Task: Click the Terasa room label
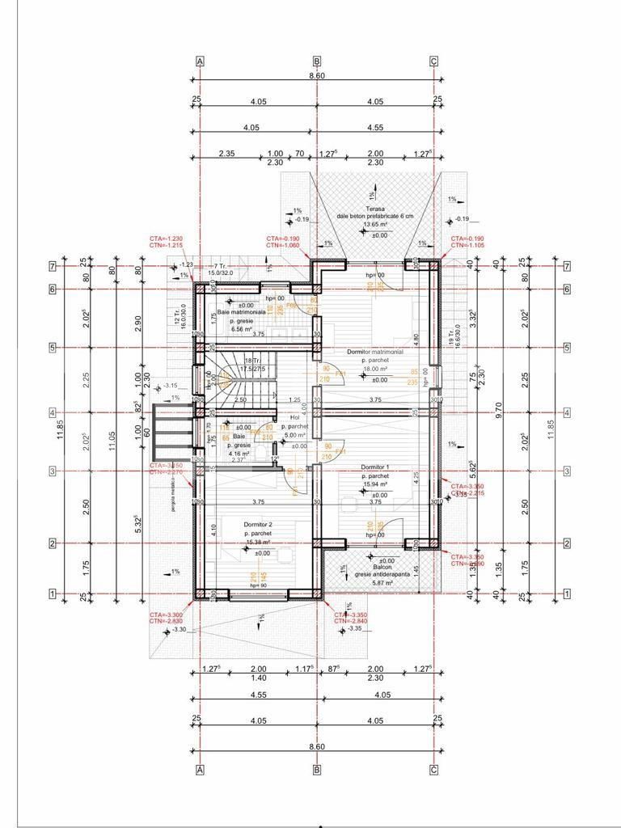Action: tap(375, 208)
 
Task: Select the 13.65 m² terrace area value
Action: tap(375, 223)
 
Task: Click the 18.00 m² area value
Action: tap(374, 369)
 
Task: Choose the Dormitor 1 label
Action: tap(375, 467)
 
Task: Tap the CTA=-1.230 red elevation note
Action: tap(166, 238)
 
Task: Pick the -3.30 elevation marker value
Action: tap(179, 630)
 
